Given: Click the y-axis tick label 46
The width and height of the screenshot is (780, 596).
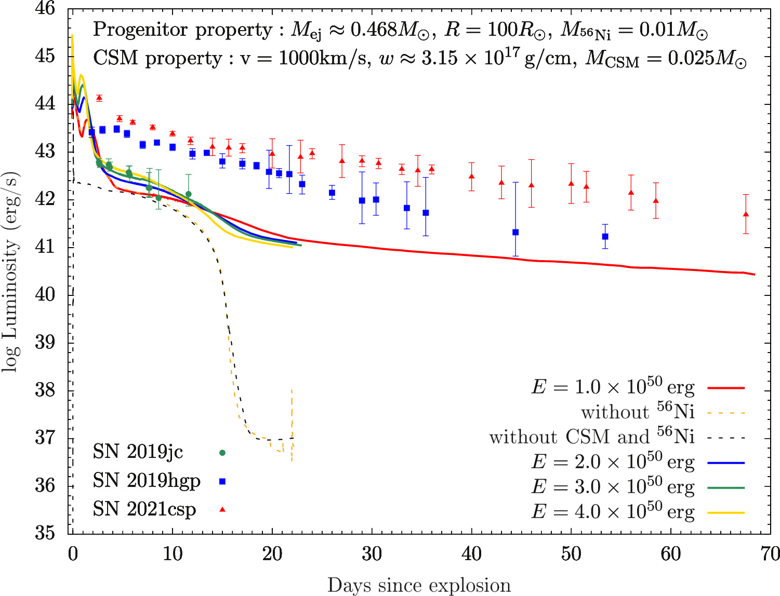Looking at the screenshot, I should [x=45, y=8].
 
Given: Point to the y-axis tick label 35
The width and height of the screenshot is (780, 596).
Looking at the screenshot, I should [x=45, y=533].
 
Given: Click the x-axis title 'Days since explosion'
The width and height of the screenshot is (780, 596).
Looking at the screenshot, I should [x=419, y=585].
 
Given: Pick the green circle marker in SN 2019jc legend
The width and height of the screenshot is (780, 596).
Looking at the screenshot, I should [x=222, y=453].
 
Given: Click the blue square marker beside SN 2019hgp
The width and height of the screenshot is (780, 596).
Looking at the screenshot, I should [x=222, y=481].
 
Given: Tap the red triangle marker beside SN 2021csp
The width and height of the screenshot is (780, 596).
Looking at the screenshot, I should [x=222, y=509].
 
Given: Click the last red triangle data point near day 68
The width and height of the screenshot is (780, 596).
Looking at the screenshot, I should [x=746, y=214].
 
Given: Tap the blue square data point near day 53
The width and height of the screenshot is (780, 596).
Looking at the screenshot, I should [x=605, y=237].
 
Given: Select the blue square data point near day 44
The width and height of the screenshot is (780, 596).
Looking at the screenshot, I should [x=515, y=232].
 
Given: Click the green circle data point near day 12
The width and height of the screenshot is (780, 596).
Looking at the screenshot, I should [x=189, y=194].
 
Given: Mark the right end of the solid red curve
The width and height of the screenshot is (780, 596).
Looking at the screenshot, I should [x=754, y=275].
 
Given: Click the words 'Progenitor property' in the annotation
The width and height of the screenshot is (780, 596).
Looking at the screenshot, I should [x=182, y=30].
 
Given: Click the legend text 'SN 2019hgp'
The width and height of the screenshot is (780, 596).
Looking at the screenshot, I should [x=147, y=481].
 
